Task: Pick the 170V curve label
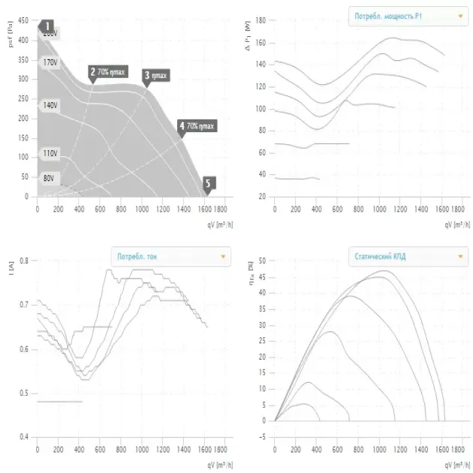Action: [50, 62]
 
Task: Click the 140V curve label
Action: [50, 106]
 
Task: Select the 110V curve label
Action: [50, 153]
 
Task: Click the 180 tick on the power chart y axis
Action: [261, 21]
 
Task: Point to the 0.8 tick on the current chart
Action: [24, 261]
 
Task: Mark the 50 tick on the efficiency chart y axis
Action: [262, 261]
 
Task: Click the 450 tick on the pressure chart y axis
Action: [23, 21]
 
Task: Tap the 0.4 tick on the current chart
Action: [24, 437]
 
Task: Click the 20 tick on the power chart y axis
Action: [263, 197]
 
